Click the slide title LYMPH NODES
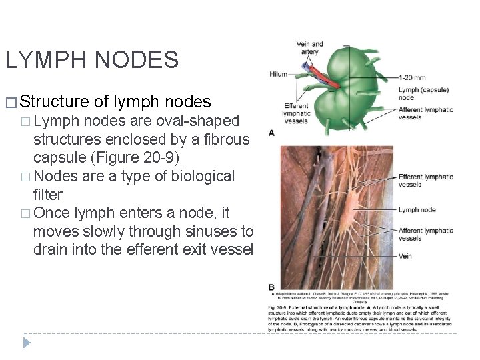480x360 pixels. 91,61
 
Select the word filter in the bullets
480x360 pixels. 47,195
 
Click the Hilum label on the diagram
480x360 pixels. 278,74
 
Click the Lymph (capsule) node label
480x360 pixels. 423,93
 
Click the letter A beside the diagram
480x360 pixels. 271,133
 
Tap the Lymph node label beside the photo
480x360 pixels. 417,209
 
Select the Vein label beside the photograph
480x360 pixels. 406,255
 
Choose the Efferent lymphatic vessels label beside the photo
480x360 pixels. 425,180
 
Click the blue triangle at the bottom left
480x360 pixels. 27,343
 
